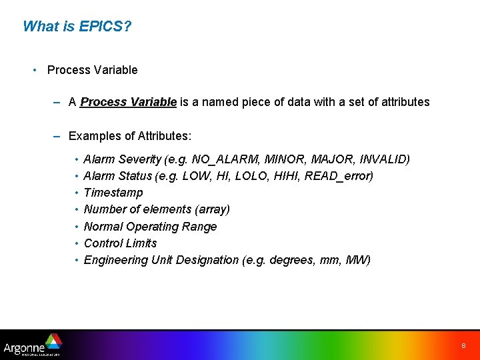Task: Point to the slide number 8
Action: point(463,346)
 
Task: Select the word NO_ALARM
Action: point(225,159)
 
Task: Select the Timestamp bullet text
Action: point(113,193)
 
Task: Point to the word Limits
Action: point(141,243)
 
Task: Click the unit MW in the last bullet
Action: point(355,260)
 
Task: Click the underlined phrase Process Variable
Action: point(128,102)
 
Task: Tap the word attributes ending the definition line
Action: point(403,102)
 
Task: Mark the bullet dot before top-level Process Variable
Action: point(34,70)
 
